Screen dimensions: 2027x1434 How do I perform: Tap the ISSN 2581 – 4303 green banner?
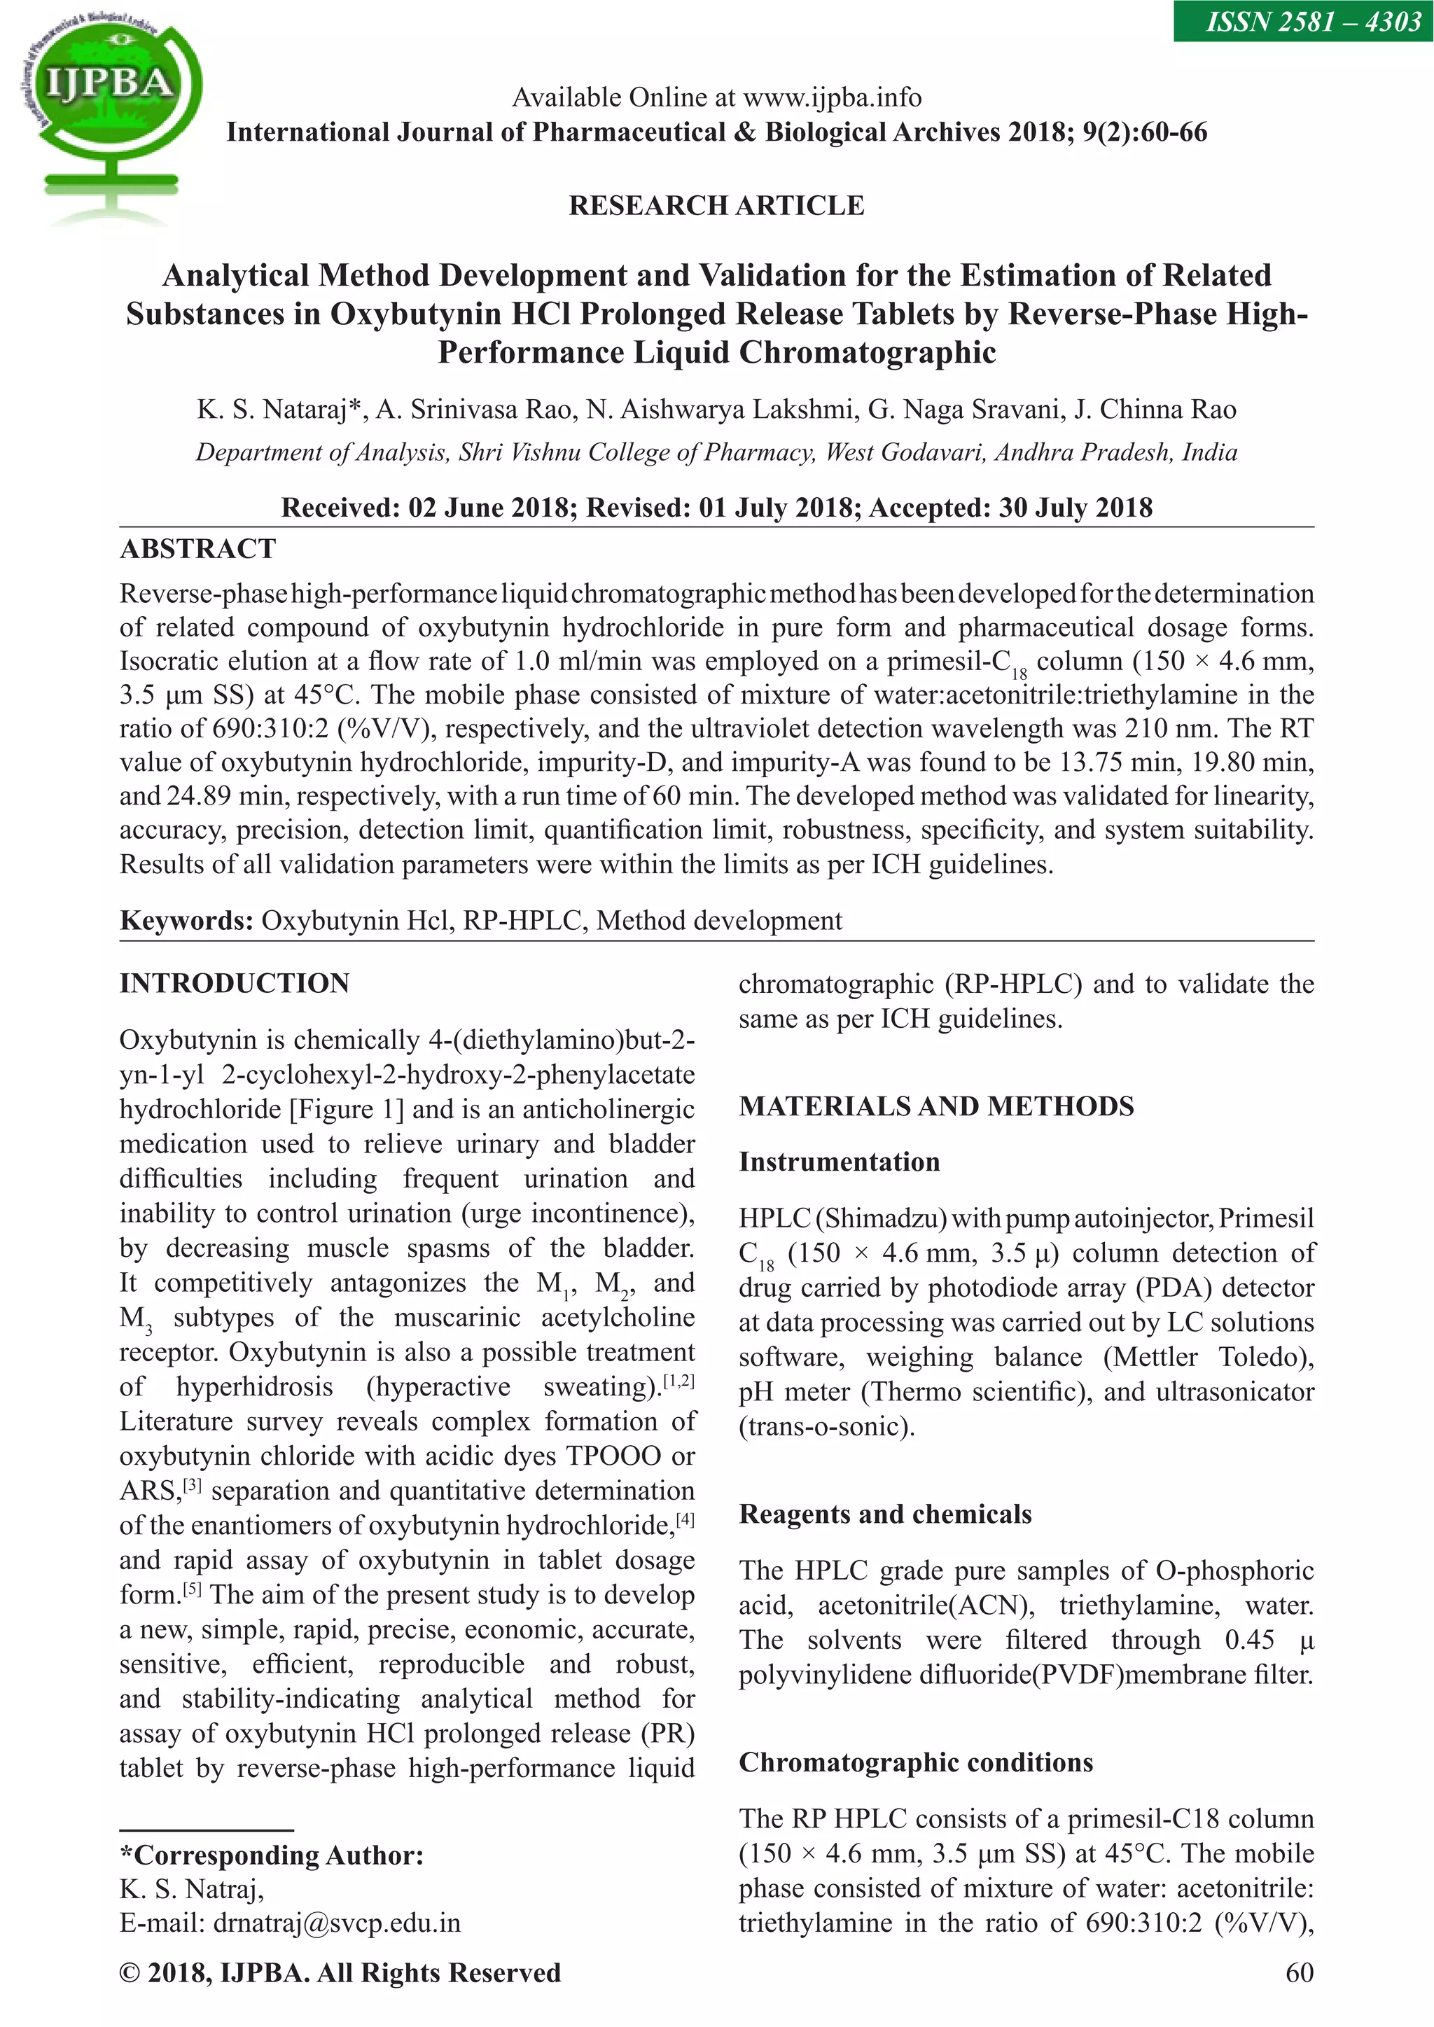[x=1302, y=20]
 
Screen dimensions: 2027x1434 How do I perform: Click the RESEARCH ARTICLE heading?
[x=716, y=206]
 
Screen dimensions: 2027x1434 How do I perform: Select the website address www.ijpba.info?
[x=832, y=97]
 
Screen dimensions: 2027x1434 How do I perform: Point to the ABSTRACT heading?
[x=197, y=549]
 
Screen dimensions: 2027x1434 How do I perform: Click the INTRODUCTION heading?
[x=235, y=984]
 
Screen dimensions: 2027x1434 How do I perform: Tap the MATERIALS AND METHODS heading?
[x=936, y=1106]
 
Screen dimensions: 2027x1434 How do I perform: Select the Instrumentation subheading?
[x=839, y=1162]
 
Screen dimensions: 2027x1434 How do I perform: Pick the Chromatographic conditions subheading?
[x=916, y=1762]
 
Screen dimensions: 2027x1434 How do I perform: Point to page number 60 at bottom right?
[x=1299, y=1973]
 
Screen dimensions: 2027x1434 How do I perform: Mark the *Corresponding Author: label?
[x=272, y=1855]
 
